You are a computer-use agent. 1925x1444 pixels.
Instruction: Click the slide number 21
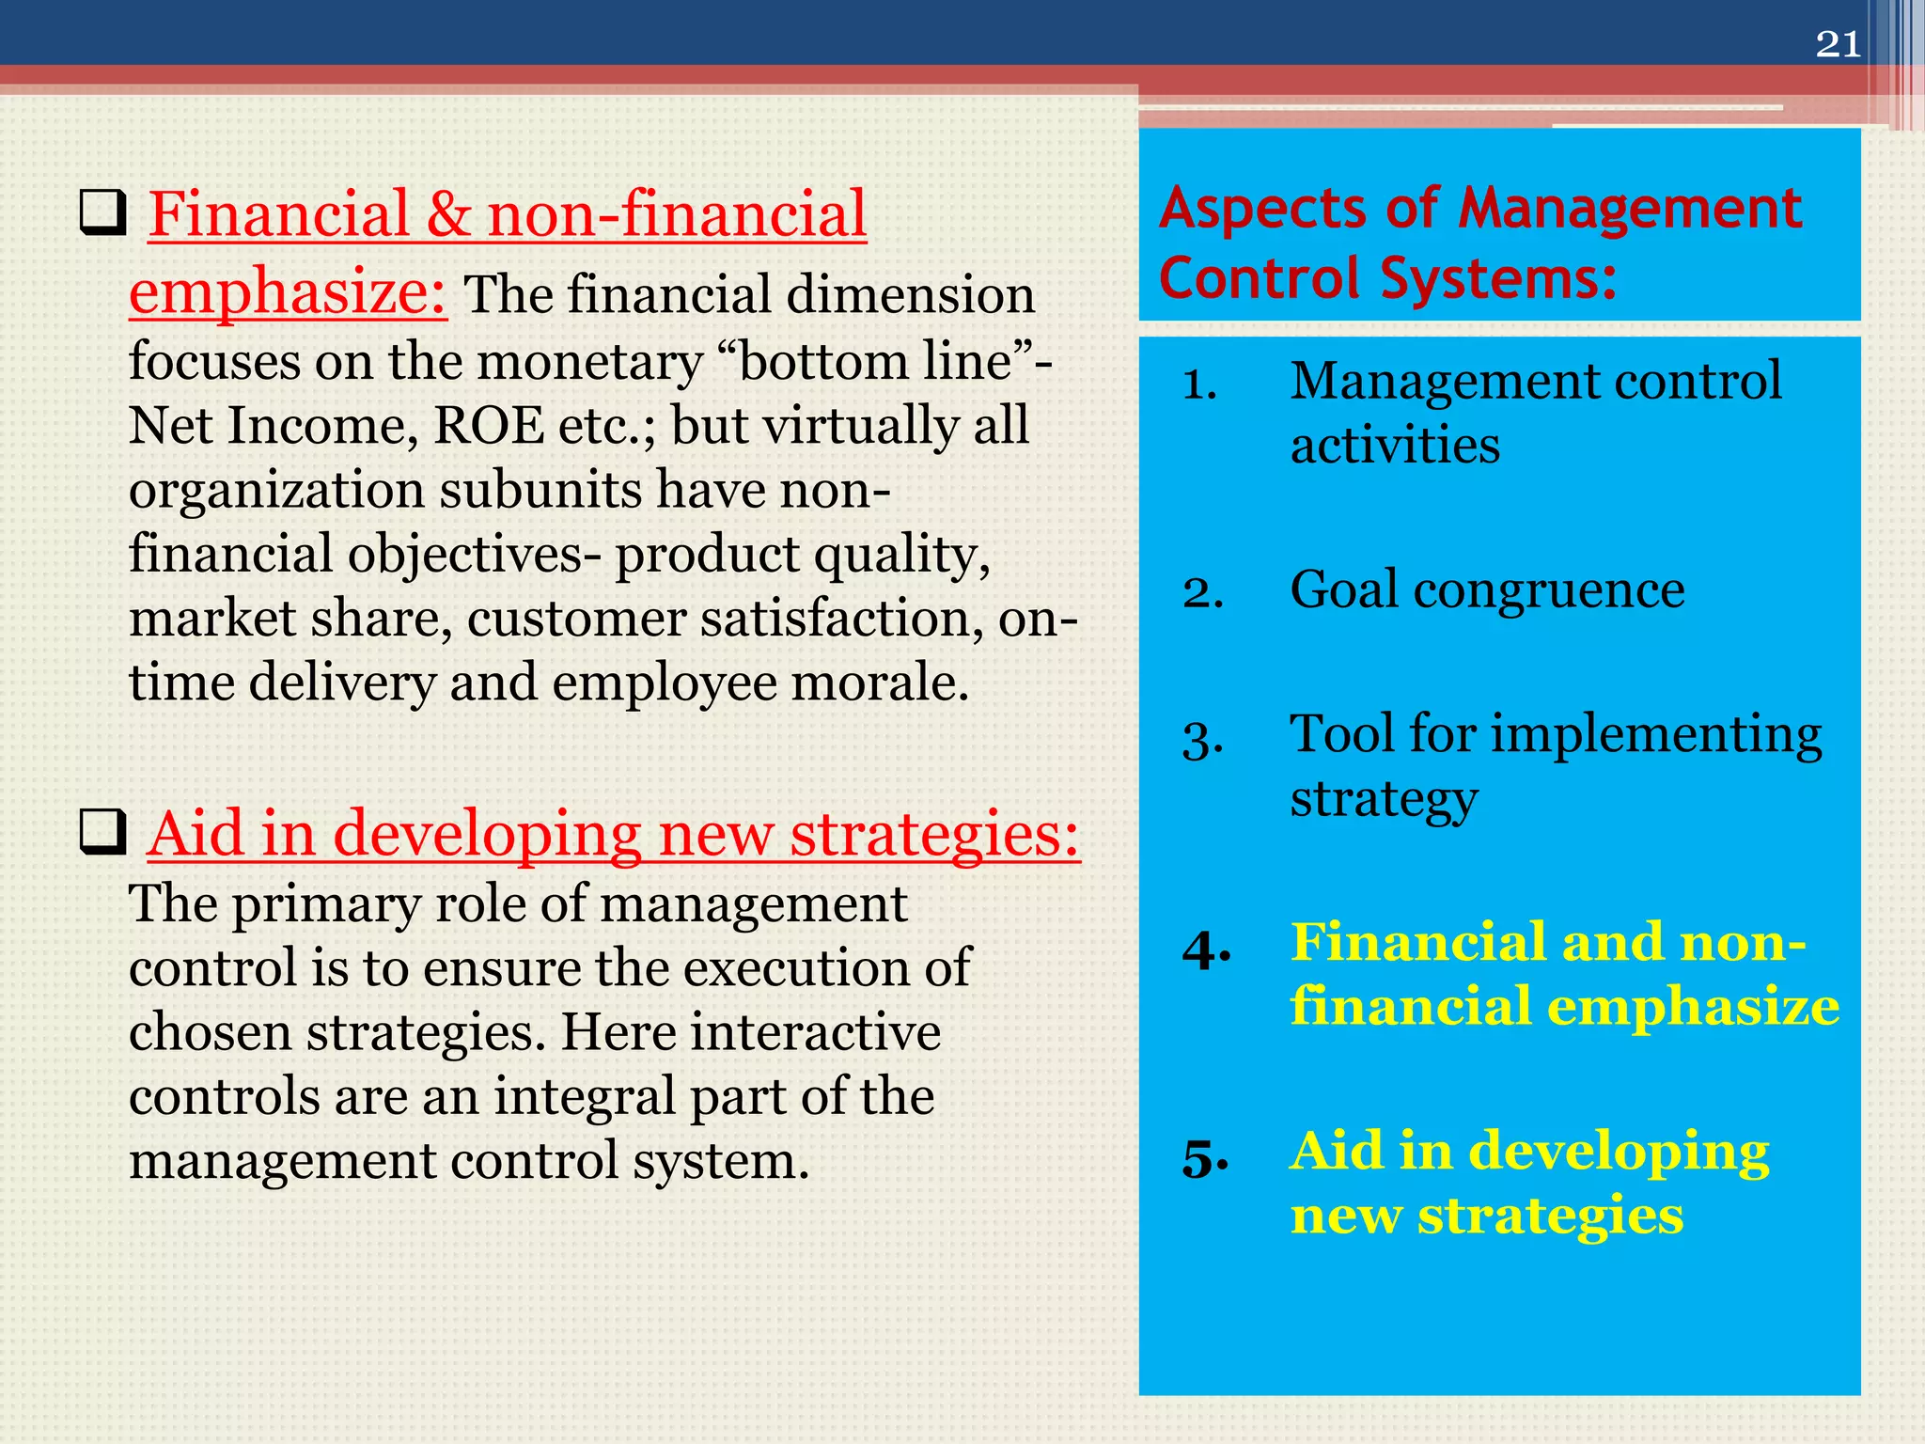tap(1838, 44)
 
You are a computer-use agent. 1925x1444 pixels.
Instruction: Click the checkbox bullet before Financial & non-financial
tap(102, 213)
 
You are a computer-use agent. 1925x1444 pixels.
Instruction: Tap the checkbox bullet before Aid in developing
tap(102, 832)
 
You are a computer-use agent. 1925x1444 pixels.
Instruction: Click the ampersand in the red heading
tap(448, 214)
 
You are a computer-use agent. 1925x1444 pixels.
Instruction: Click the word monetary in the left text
tap(589, 362)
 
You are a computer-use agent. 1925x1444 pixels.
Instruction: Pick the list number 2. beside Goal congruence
tap(1202, 592)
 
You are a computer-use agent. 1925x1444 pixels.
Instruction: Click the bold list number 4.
tap(1206, 950)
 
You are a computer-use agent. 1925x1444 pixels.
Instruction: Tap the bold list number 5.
tap(1205, 1158)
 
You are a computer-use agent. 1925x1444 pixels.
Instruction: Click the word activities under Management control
tap(1394, 446)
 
